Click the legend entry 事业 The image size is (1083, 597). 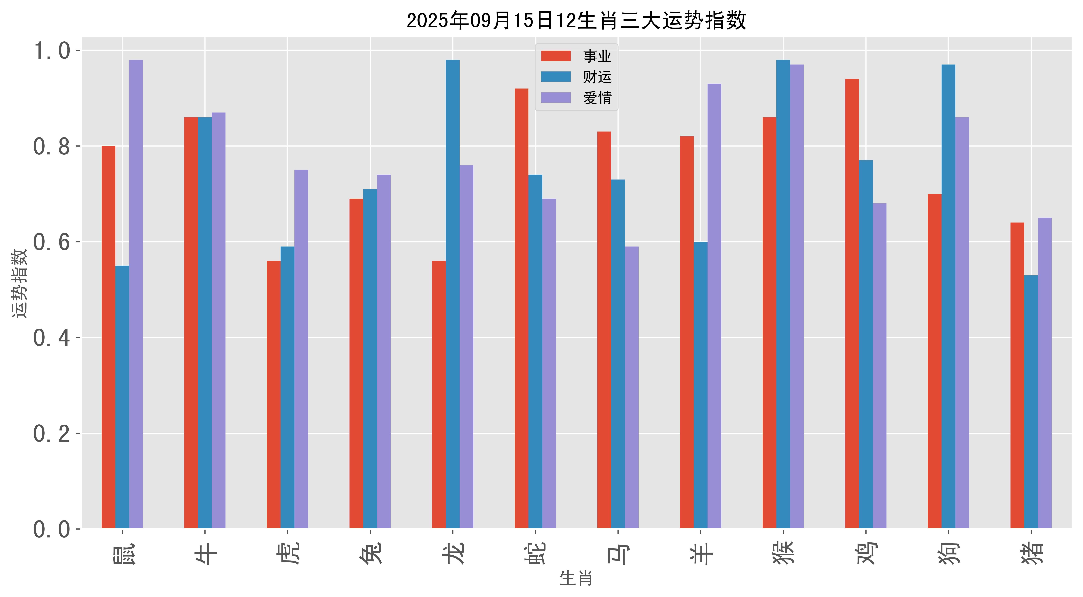coord(597,56)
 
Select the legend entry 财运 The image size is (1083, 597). coord(597,77)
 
